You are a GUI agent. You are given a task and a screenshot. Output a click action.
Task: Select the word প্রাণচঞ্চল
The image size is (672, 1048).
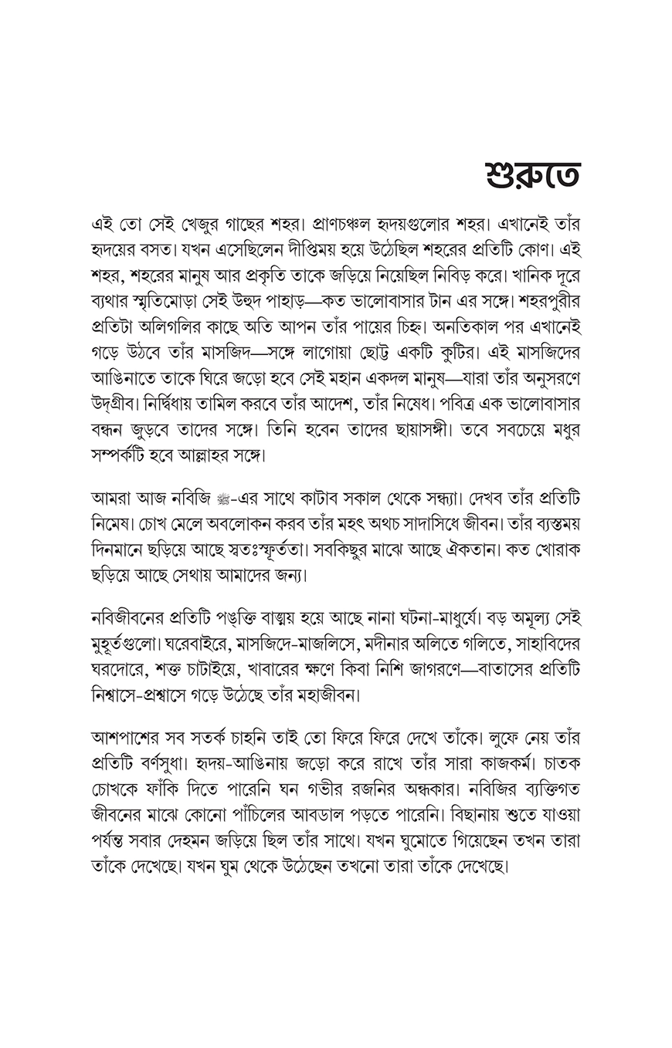tap(348, 225)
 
